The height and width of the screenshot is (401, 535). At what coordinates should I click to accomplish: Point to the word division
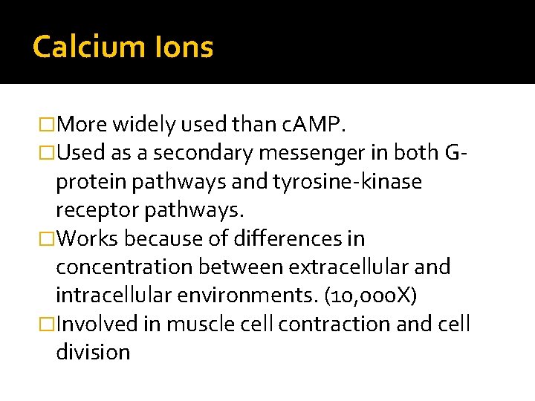pos(93,352)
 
